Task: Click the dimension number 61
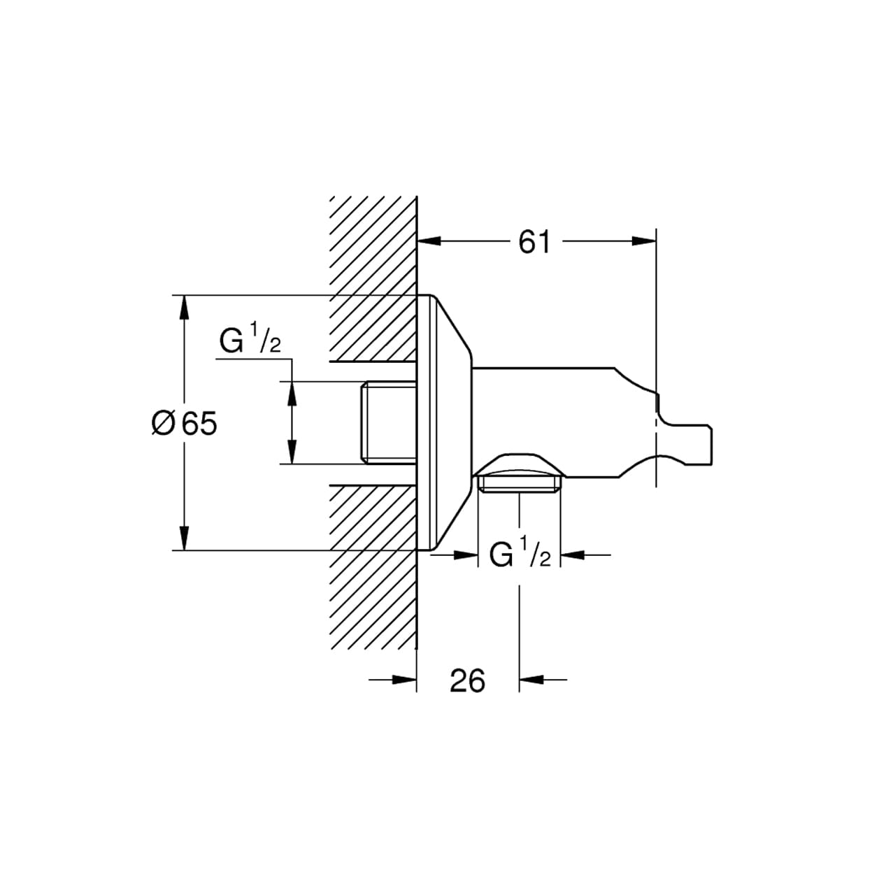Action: [534, 242]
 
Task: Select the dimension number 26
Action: [467, 680]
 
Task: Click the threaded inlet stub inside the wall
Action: [387, 422]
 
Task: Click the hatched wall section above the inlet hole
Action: [374, 280]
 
